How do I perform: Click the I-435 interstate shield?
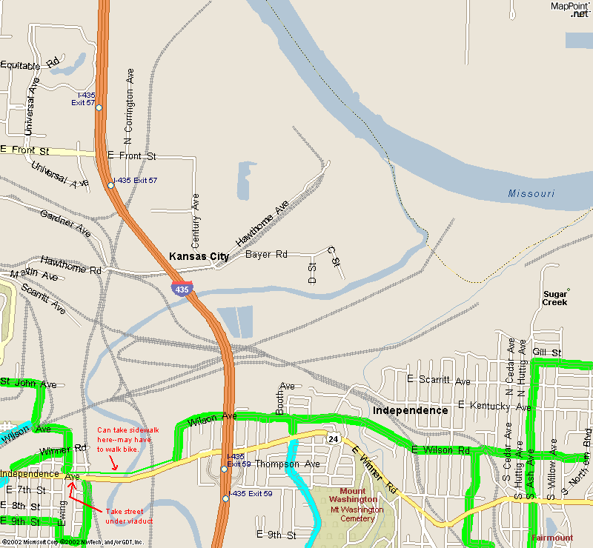pos(182,289)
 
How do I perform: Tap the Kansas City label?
pos(199,256)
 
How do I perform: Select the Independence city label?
pos(411,410)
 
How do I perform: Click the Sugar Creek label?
pos(554,298)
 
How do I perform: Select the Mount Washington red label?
pos(353,495)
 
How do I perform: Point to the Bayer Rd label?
pos(266,254)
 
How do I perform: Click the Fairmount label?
pos(552,538)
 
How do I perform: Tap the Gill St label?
pos(547,352)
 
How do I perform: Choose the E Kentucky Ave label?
pos(494,406)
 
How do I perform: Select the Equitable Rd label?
pos(30,64)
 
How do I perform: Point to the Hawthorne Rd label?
pos(70,265)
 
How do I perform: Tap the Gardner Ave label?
pos(65,221)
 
